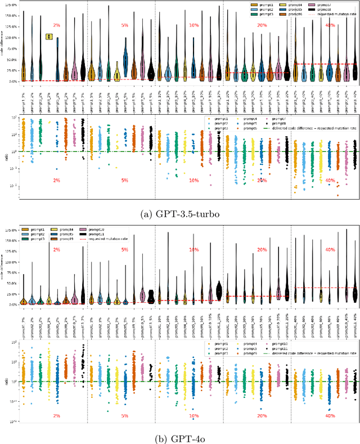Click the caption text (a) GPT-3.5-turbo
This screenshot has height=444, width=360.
[180, 214]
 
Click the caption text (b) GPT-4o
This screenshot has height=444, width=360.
[180, 437]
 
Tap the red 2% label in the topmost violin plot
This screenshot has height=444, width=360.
[56, 25]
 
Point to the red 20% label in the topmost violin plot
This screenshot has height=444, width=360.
[262, 25]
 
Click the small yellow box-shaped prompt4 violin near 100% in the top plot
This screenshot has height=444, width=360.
[49, 37]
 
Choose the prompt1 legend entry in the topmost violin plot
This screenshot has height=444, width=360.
[262, 5]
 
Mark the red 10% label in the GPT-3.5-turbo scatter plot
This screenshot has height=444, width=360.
[193, 181]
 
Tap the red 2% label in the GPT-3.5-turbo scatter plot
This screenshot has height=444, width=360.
[56, 181]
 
